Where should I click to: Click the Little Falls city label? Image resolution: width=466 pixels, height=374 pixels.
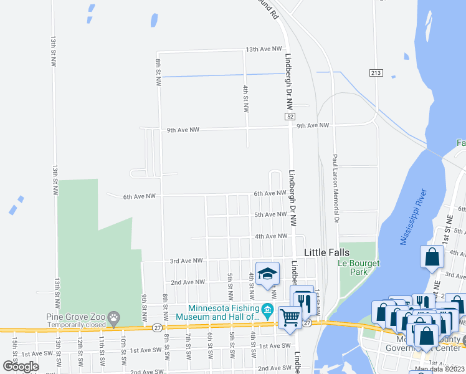click(x=327, y=252)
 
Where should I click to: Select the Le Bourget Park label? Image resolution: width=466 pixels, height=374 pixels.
click(x=358, y=267)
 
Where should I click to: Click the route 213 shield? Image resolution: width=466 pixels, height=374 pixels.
click(x=375, y=73)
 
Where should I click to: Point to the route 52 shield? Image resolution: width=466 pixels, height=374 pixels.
click(x=290, y=117)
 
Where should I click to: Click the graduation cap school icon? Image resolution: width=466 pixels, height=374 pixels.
click(x=267, y=273)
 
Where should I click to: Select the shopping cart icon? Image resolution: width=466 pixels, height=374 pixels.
click(x=290, y=318)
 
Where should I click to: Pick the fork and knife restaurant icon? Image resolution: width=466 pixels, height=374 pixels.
click(x=303, y=300)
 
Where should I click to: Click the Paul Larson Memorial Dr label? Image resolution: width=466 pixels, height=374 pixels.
click(x=335, y=189)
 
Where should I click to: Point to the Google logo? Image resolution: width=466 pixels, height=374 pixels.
click(x=21, y=367)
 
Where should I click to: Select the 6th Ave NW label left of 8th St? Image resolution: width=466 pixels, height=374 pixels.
click(x=139, y=197)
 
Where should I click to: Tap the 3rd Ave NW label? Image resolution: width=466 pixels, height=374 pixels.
click(x=186, y=261)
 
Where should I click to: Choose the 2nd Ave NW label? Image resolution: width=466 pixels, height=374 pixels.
click(x=189, y=282)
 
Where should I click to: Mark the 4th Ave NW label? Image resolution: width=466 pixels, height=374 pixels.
click(x=270, y=236)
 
